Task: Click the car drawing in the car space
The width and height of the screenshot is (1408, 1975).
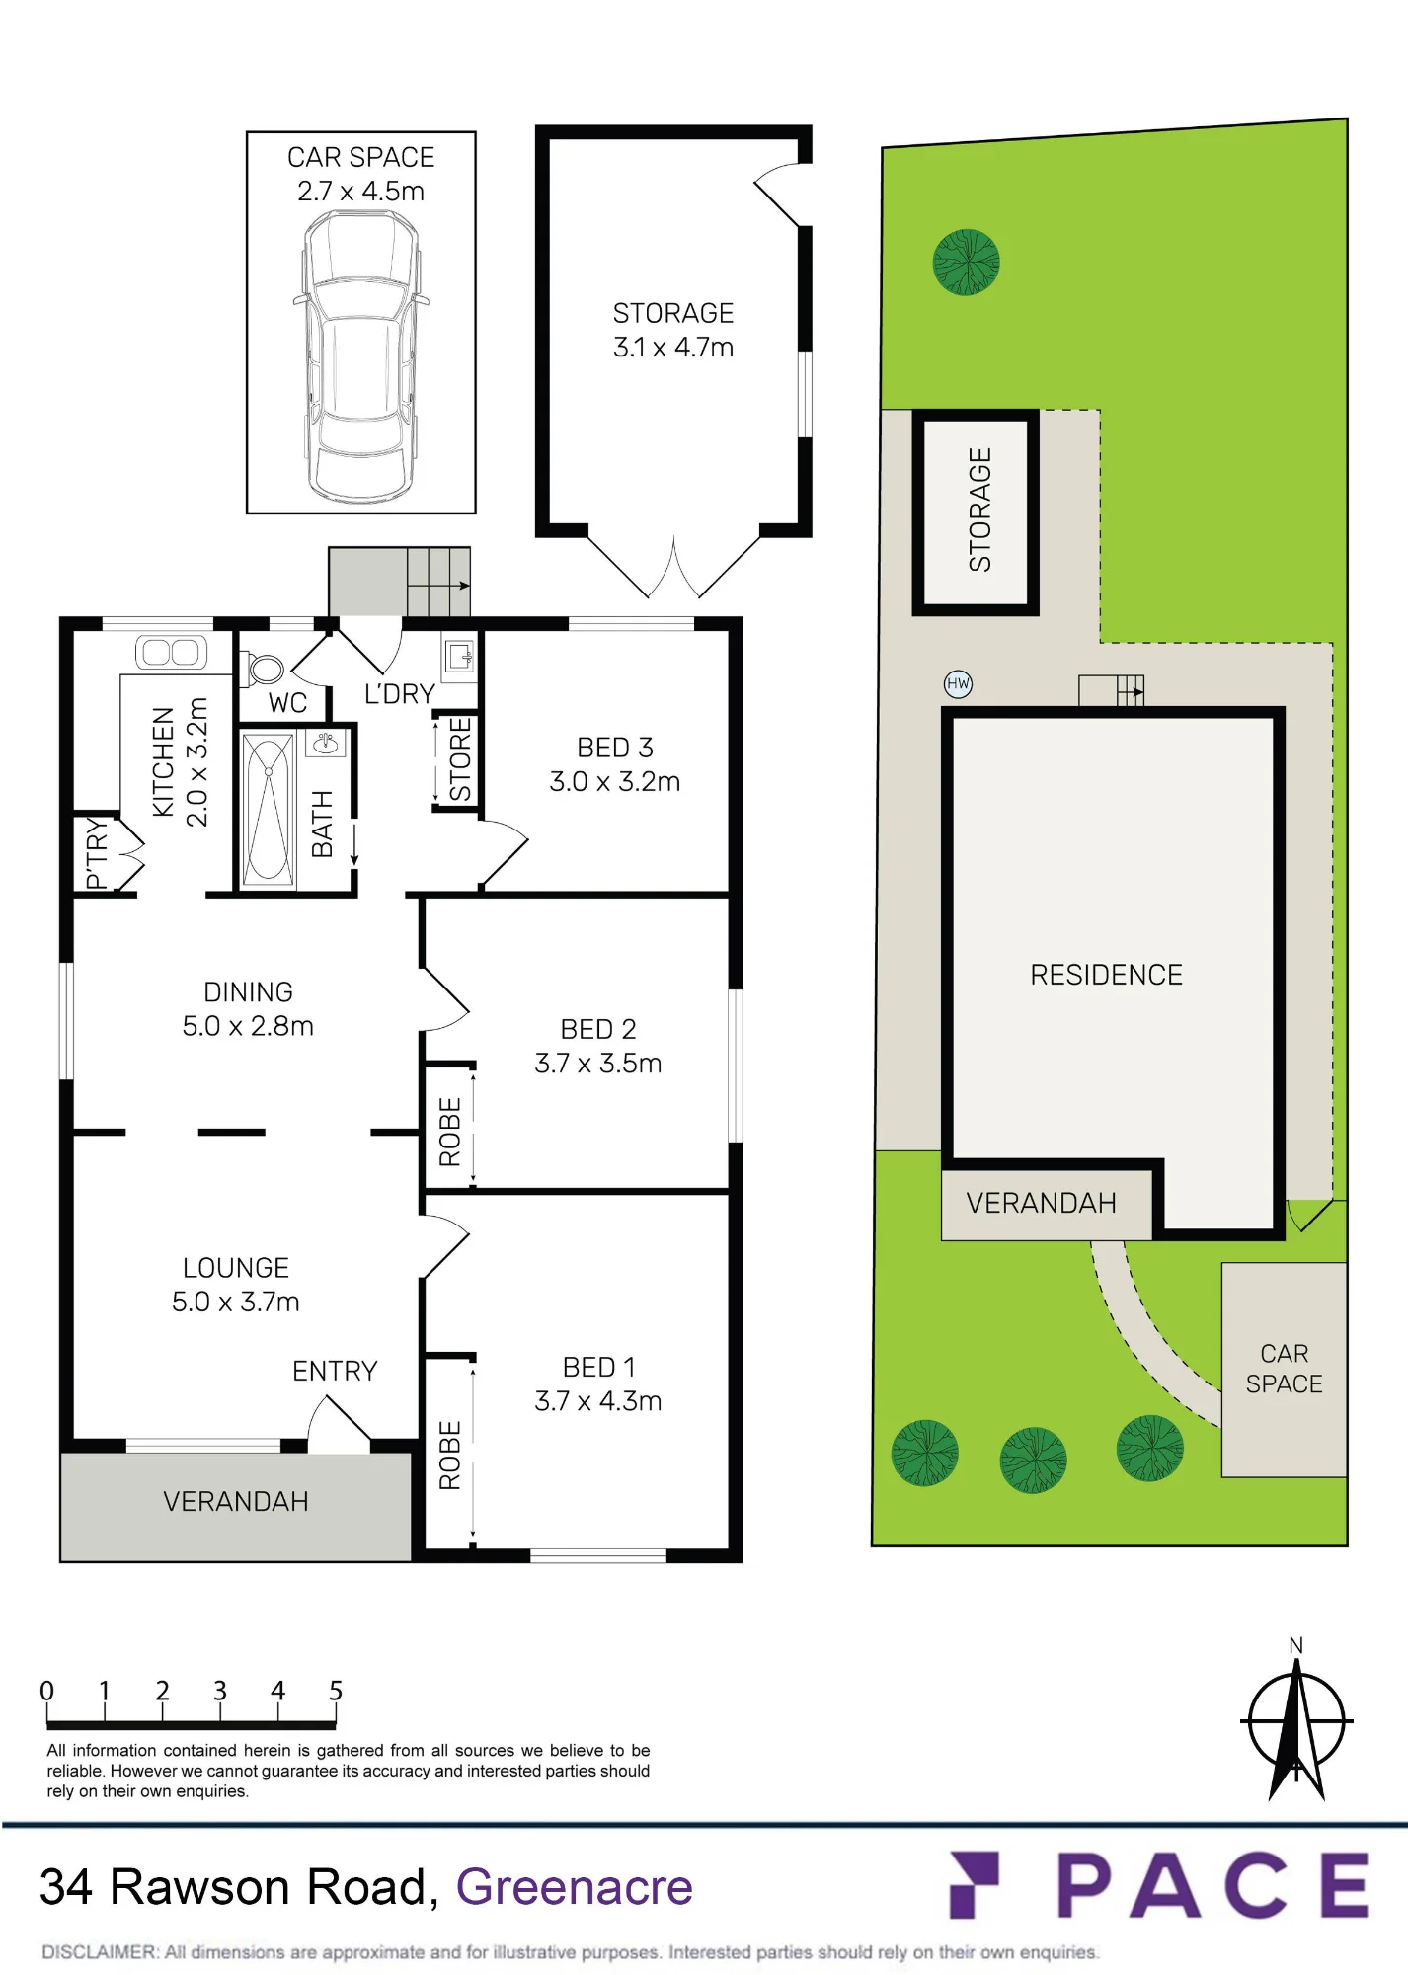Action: coord(360,356)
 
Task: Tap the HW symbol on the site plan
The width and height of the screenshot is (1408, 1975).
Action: coord(958,683)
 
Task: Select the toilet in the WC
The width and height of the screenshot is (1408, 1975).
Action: coord(262,669)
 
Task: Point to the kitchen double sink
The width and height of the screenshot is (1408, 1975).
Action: coord(171,652)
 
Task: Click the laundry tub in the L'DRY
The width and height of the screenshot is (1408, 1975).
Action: coord(459,656)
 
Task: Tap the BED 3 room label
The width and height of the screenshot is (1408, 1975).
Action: coord(615,748)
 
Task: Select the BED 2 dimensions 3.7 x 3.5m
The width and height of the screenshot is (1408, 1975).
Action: coord(598,1064)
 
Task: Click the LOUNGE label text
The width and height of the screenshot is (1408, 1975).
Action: coord(236,1268)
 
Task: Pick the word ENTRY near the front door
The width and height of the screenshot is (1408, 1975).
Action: coord(335,1371)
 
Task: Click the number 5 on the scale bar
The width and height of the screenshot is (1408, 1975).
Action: coord(336,1691)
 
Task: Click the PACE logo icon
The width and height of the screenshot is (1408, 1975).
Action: coord(975,1884)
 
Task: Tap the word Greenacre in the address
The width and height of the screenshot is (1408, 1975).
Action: coord(574,1887)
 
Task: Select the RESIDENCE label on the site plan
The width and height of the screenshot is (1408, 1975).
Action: coord(1106,975)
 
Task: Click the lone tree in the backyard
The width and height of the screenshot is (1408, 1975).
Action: coord(967,263)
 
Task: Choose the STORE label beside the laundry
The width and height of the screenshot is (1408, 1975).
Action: coord(460,759)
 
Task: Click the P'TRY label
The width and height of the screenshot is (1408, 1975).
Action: coord(96,853)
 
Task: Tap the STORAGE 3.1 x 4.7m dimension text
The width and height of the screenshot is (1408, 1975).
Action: coord(673,348)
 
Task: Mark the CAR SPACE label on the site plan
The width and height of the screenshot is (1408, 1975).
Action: coord(1284,1369)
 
